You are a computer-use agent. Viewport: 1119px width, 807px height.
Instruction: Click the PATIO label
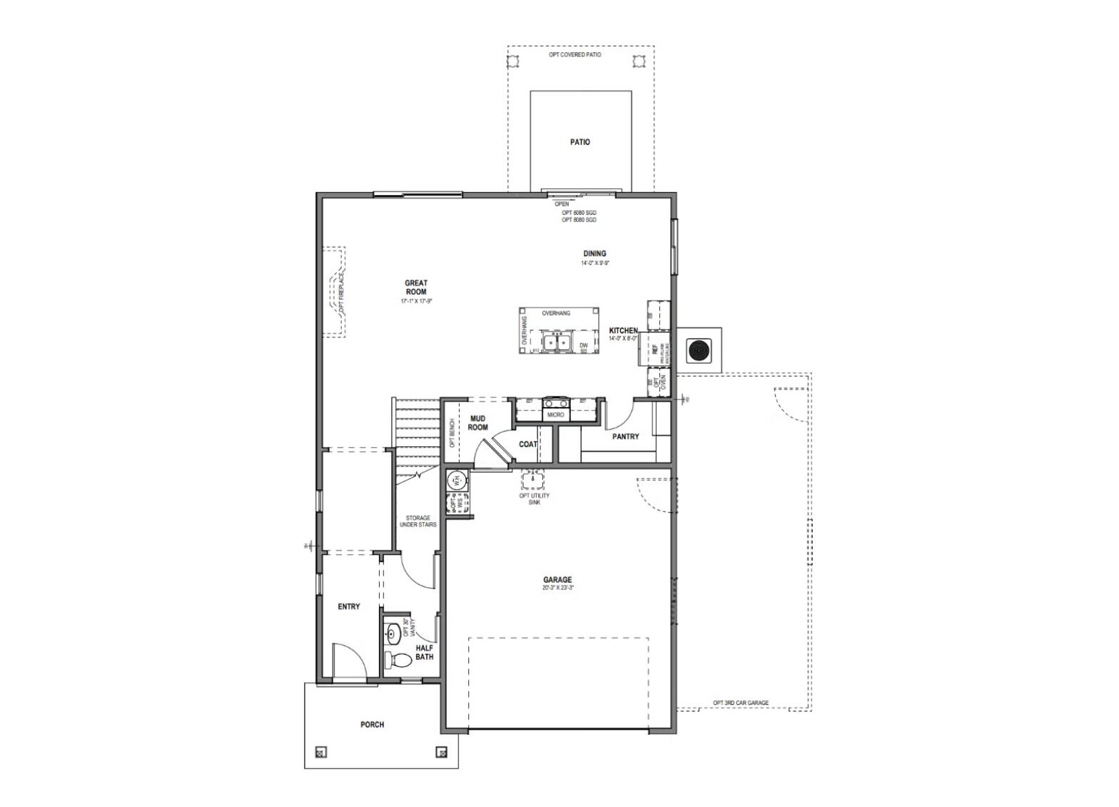[x=579, y=142]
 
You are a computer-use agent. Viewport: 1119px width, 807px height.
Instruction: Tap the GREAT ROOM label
[x=416, y=288]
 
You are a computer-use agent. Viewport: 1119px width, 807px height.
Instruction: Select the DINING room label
[x=594, y=254]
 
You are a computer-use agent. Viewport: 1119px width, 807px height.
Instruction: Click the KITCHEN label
[x=623, y=331]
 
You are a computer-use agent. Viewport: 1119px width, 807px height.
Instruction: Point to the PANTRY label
[x=625, y=436]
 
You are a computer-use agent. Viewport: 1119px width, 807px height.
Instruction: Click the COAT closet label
[x=527, y=444]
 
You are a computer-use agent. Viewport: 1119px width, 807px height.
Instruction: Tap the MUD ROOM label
[x=477, y=423]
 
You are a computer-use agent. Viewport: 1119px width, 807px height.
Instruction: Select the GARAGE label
[x=557, y=580]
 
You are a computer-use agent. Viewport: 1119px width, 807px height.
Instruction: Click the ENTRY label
[x=348, y=606]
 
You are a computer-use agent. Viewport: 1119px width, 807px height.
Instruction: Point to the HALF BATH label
[x=425, y=652]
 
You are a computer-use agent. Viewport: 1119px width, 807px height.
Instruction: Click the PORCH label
[x=372, y=724]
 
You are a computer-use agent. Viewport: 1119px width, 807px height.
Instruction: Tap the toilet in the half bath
[x=397, y=659]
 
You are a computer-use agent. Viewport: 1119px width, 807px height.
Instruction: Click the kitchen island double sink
[x=555, y=342]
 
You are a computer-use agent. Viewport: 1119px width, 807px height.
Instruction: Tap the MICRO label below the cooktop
[x=555, y=414]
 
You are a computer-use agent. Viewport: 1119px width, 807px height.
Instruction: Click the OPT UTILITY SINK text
[x=534, y=498]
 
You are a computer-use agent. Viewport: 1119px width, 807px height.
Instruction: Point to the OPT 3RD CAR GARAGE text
[x=741, y=703]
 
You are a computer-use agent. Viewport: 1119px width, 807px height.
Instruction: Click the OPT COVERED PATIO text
[x=579, y=55]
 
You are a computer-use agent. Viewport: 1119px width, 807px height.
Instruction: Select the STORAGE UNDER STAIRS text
[x=417, y=521]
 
